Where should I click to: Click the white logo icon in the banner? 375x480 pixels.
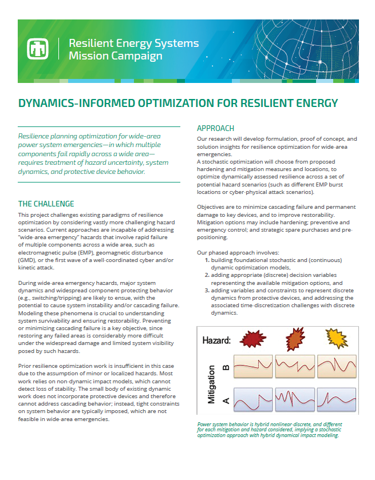tap(37, 49)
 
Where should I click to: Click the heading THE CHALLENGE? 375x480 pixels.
tap(46, 204)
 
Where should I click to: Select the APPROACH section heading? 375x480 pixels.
tap(216, 128)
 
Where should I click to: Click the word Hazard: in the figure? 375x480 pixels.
tap(218, 340)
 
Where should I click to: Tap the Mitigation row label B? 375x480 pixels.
tap(226, 368)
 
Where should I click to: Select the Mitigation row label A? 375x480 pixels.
tap(226, 400)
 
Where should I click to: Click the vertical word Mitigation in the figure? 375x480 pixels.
tap(212, 384)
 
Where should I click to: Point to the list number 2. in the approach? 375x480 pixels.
tap(207, 275)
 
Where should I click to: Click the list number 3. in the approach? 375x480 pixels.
tap(207, 290)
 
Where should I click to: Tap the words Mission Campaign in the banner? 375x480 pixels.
tap(115, 56)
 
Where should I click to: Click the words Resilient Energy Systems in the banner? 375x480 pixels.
tap(133, 43)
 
